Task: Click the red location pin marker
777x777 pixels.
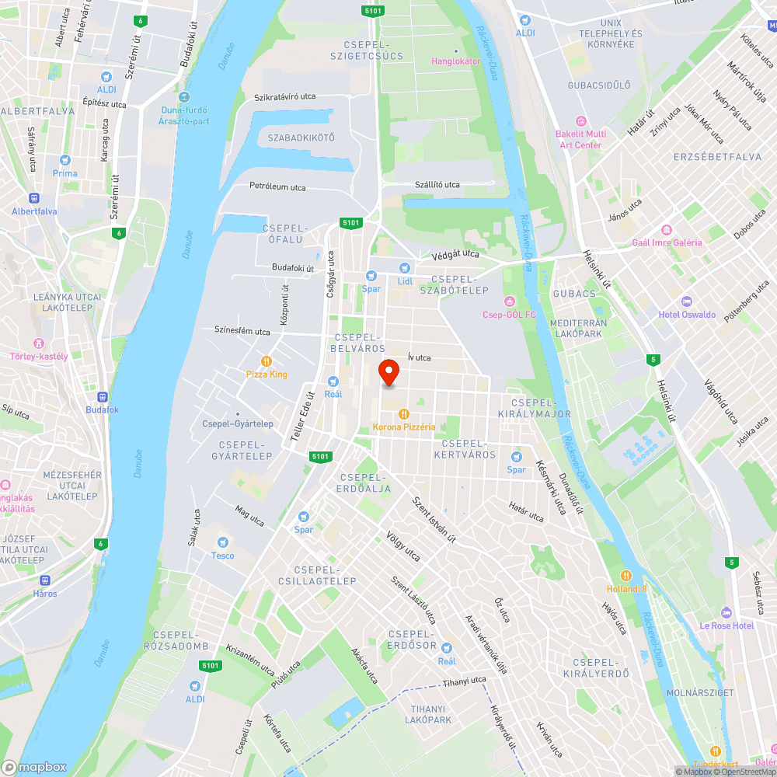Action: [x=388, y=372]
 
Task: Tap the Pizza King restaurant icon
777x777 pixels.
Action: [x=267, y=361]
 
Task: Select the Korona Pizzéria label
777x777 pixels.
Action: [x=404, y=427]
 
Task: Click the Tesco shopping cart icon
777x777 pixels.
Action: [x=223, y=542]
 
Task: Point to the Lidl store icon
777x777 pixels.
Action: [x=405, y=268]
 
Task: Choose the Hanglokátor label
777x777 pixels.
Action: [x=456, y=61]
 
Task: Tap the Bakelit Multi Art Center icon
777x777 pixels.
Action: [x=580, y=121]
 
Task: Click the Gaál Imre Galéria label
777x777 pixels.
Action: [x=667, y=242]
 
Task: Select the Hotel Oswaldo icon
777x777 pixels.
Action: [x=685, y=301]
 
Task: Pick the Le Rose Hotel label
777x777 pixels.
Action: [x=726, y=625]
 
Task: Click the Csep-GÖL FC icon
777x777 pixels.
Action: [x=510, y=301]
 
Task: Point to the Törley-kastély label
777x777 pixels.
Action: [x=39, y=357]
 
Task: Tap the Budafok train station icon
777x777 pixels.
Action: [x=102, y=396]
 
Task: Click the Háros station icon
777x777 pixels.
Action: [x=45, y=580]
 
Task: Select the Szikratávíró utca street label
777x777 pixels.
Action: [x=285, y=96]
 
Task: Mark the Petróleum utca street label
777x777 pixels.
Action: [x=277, y=187]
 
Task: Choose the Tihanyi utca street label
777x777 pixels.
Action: [x=465, y=681]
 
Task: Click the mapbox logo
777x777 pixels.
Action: [x=35, y=767]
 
